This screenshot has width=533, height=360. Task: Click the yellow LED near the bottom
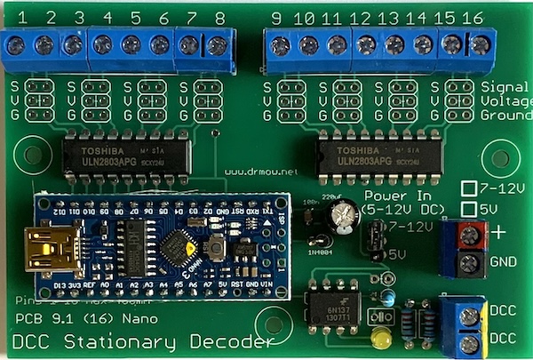tap(383, 339)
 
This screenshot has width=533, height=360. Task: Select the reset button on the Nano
tap(216, 245)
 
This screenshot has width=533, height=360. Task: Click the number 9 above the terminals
tap(276, 19)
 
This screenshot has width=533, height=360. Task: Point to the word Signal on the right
tap(504, 86)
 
